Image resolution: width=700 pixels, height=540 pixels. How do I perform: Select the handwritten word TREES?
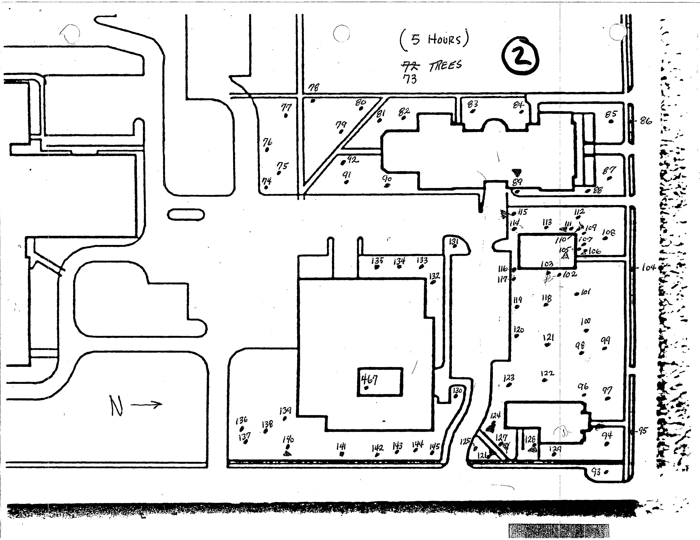point(445,66)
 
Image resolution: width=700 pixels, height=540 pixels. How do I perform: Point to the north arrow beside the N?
point(147,404)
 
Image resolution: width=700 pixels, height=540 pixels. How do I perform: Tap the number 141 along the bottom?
point(341,447)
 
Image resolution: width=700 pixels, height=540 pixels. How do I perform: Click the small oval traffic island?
point(186,215)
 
